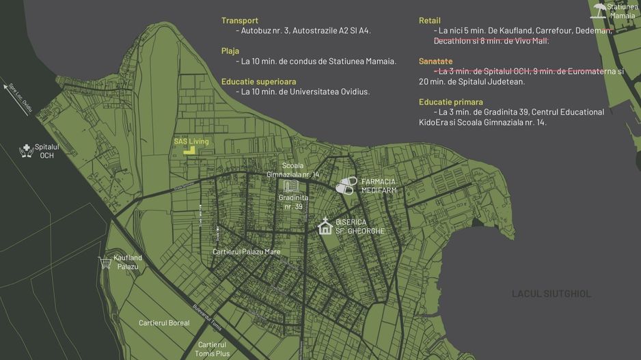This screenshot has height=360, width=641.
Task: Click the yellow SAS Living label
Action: [x=191, y=141]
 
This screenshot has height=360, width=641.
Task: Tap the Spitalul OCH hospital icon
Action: [x=26, y=150]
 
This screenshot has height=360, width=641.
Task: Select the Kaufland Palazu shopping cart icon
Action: [x=105, y=262]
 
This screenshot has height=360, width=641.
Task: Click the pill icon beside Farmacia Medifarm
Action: [x=346, y=185]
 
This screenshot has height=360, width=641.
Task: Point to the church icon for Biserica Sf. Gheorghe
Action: [x=325, y=226]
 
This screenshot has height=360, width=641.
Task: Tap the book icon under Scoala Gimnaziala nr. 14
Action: [x=290, y=186]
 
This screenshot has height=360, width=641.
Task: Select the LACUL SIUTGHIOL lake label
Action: [x=551, y=294]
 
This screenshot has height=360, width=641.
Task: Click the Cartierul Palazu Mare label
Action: [x=246, y=252]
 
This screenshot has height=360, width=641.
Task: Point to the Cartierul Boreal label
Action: [x=164, y=323]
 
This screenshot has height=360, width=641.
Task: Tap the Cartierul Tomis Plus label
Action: [x=213, y=348]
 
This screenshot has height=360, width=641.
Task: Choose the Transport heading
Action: [x=240, y=20]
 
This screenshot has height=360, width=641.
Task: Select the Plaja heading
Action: [x=230, y=51]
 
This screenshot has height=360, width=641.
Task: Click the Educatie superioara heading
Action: [x=258, y=81]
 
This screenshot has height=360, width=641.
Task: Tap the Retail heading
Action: [x=430, y=20]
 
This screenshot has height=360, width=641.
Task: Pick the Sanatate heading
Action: [x=435, y=61]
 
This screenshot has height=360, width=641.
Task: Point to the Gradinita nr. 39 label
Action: [x=293, y=202]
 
